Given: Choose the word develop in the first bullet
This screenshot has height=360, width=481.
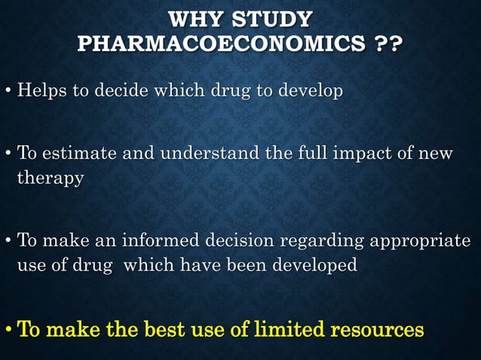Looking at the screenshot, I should point(306,92).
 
